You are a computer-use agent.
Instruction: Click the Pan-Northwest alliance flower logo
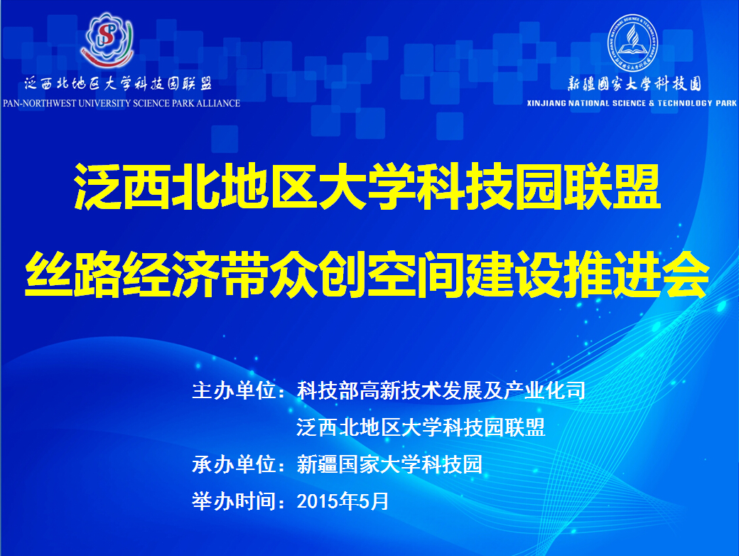click(x=108, y=40)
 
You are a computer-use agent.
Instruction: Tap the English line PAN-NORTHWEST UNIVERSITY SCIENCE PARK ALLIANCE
click(x=121, y=103)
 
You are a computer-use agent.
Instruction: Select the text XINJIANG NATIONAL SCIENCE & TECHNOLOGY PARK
click(x=632, y=103)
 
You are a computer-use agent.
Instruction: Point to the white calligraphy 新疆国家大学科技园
click(x=635, y=84)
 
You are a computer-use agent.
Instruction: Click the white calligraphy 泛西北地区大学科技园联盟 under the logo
click(x=118, y=83)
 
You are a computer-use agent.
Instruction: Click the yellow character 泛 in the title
click(x=97, y=186)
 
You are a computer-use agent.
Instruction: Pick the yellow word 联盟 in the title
click(x=613, y=186)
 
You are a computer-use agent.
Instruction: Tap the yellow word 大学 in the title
click(x=368, y=186)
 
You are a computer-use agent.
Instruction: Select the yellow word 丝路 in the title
click(x=73, y=274)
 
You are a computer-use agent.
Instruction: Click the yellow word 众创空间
click(x=367, y=274)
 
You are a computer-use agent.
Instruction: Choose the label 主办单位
click(x=234, y=390)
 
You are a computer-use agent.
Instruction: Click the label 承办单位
click(x=234, y=464)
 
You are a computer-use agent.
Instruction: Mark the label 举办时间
click(x=234, y=501)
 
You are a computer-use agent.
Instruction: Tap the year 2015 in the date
click(x=317, y=501)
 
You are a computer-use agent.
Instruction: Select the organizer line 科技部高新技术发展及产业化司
click(x=441, y=390)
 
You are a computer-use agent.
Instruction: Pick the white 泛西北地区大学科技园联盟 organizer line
click(x=421, y=427)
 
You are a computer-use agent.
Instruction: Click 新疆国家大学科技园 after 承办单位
click(x=389, y=464)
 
